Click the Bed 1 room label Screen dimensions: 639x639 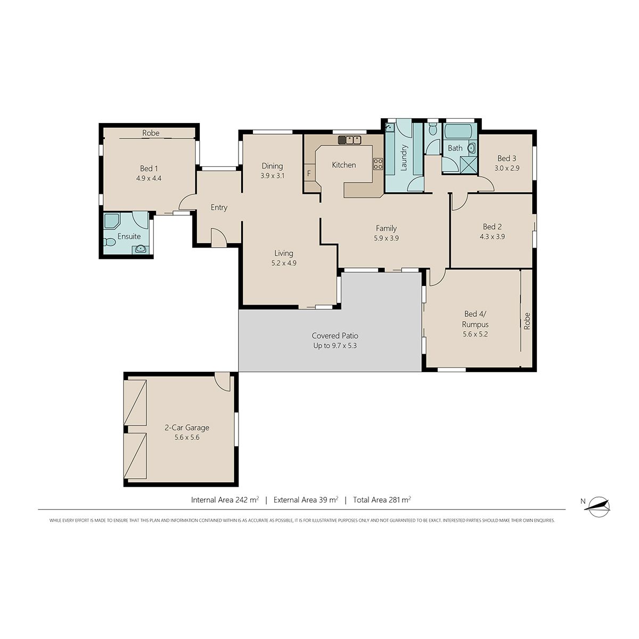149,168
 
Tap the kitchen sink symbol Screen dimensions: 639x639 349,140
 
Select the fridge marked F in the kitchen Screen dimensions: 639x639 309,173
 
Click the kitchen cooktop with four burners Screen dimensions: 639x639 378,164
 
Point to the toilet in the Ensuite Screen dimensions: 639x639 109,242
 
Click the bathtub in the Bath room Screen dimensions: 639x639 458,132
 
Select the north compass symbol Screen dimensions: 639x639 599,506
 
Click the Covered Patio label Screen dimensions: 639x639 335,335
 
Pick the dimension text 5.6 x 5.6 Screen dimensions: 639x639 187,437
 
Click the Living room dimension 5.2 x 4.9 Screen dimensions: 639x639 283,263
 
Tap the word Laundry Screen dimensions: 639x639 404,158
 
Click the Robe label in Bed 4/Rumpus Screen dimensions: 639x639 527,321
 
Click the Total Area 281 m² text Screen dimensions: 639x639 382,499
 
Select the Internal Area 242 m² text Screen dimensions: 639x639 225,499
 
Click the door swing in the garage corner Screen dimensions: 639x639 222,381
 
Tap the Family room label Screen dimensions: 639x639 386,228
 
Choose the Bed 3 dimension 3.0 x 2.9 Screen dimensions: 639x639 507,168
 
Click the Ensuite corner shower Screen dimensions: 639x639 111,221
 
